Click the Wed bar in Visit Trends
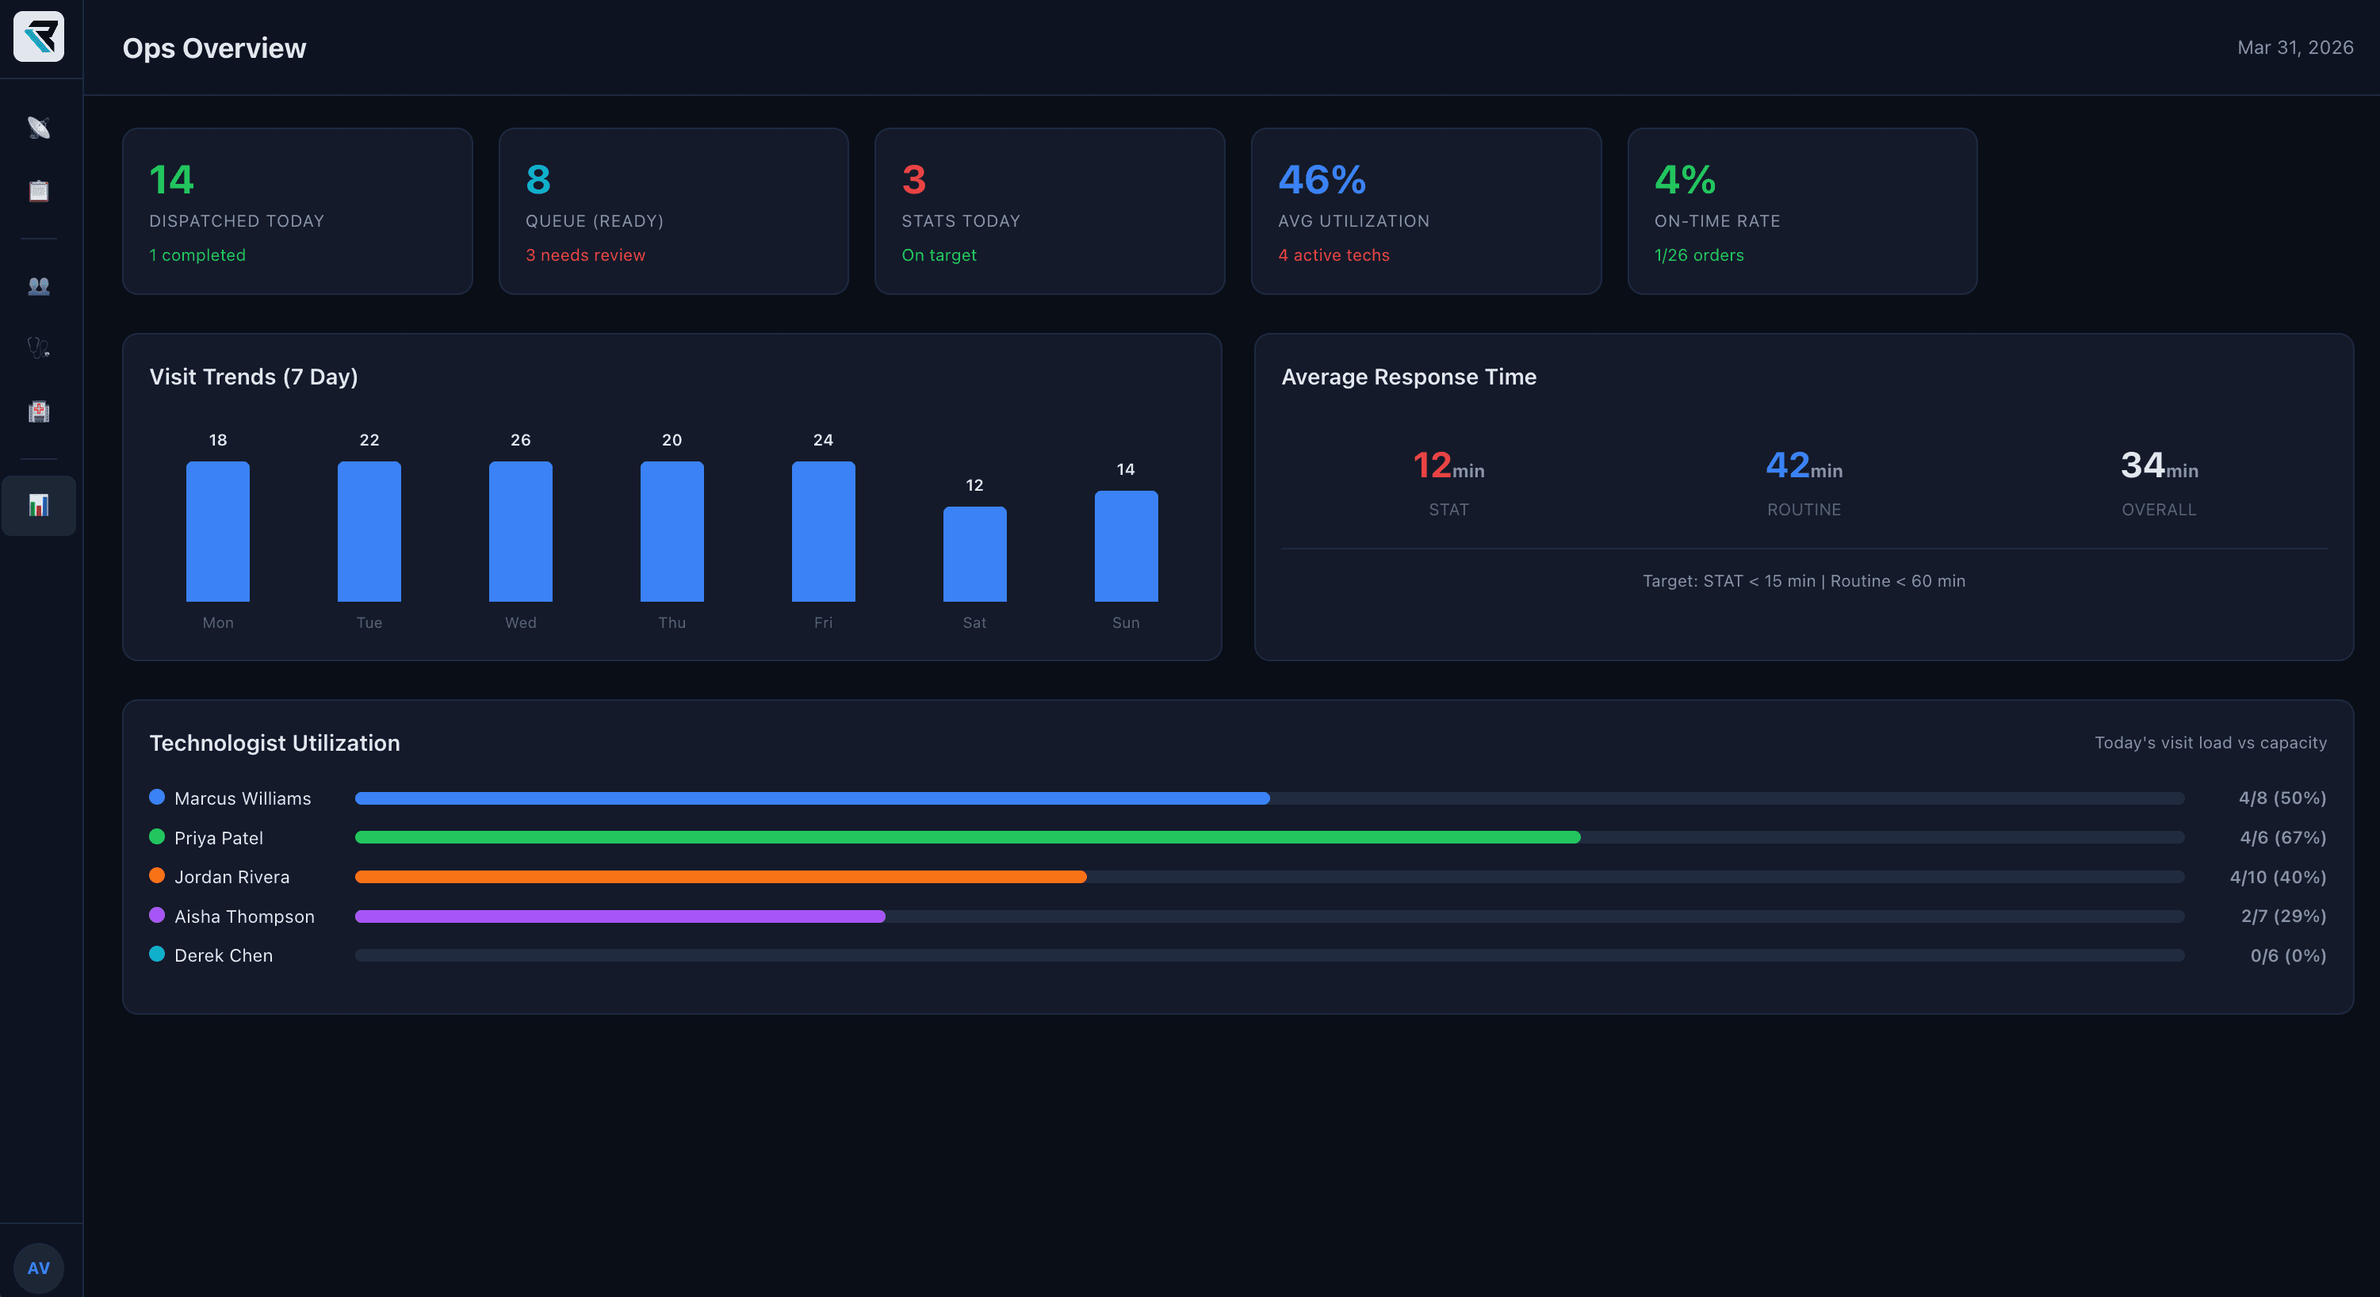[x=520, y=531]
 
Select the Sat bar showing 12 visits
[x=974, y=554]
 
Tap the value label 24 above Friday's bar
[x=822, y=440]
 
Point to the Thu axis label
[x=672, y=622]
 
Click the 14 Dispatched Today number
[x=172, y=179]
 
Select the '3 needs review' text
[x=585, y=255]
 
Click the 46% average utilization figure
[x=1321, y=179]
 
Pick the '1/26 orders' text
[x=1698, y=255]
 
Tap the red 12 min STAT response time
[x=1448, y=465]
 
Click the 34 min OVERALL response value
[x=2158, y=465]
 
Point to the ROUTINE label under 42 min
[x=1804, y=510]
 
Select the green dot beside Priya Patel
[x=157, y=837]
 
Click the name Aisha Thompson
[x=244, y=916]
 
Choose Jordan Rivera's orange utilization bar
[x=721, y=877]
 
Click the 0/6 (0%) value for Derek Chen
[x=2287, y=955]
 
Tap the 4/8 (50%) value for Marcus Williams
[x=2281, y=798]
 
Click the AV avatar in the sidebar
[x=39, y=1268]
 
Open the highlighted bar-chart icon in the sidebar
[x=39, y=505]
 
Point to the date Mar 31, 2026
[x=2294, y=47]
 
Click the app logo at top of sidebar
[x=39, y=37]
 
